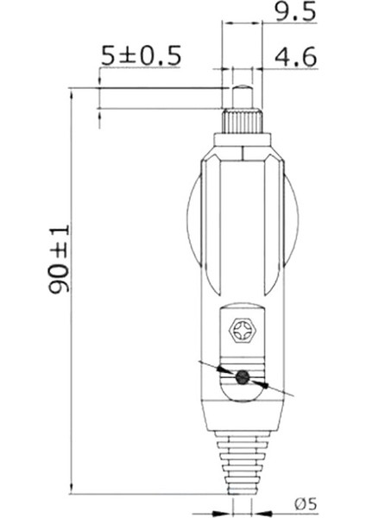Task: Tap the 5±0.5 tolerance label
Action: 140,56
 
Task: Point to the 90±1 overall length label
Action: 59,259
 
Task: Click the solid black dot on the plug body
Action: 243,376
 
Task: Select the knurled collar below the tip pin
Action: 243,119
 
